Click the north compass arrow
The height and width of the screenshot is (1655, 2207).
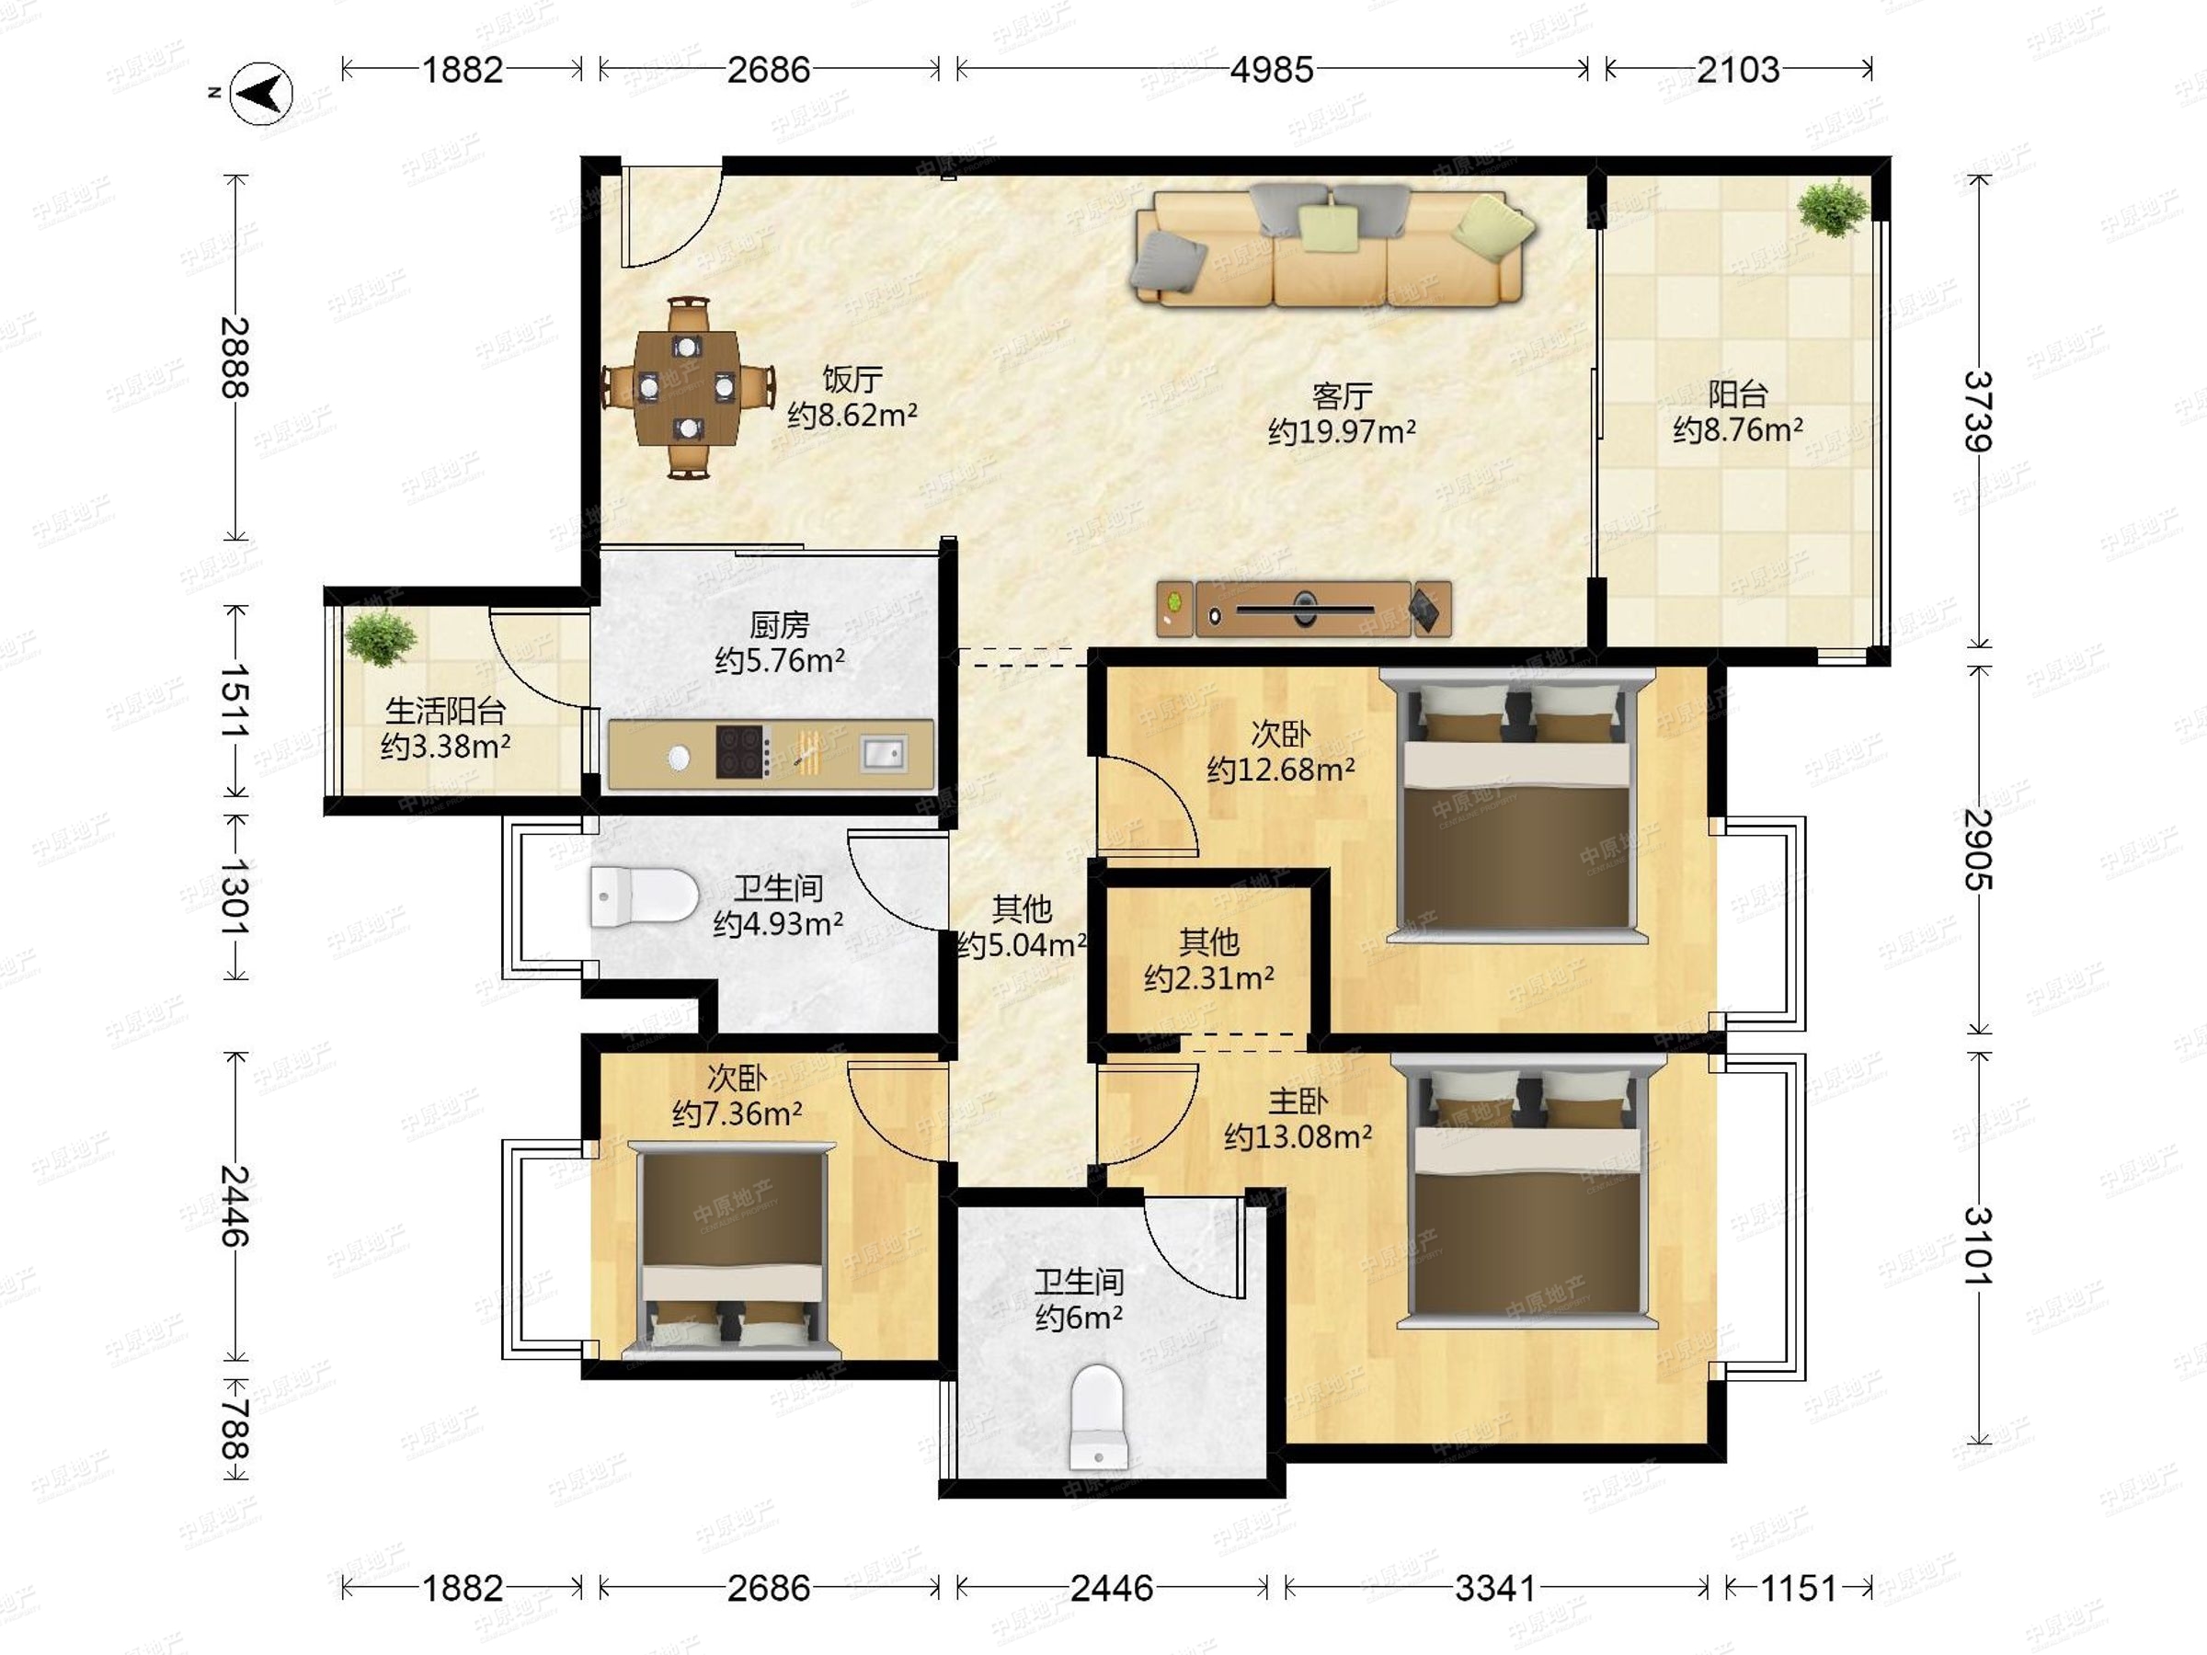pyautogui.click(x=261, y=94)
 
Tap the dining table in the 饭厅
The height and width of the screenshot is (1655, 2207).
pyautogui.click(x=688, y=387)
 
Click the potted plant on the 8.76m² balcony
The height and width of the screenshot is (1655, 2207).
pyautogui.click(x=1833, y=207)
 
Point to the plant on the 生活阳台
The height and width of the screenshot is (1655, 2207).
pyautogui.click(x=379, y=637)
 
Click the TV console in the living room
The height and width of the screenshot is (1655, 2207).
pyautogui.click(x=1304, y=608)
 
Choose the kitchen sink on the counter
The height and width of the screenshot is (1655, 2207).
pyautogui.click(x=882, y=752)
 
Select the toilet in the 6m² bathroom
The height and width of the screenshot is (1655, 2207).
pyautogui.click(x=1097, y=1417)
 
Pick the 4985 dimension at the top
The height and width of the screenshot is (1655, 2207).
pyautogui.click(x=1271, y=70)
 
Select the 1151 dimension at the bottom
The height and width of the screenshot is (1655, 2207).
pyautogui.click(x=1798, y=1588)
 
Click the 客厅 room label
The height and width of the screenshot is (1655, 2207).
pyautogui.click(x=1342, y=396)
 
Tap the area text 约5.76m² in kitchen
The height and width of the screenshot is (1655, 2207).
pyautogui.click(x=780, y=660)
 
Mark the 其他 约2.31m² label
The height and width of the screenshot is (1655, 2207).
pyautogui.click(x=1209, y=960)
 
